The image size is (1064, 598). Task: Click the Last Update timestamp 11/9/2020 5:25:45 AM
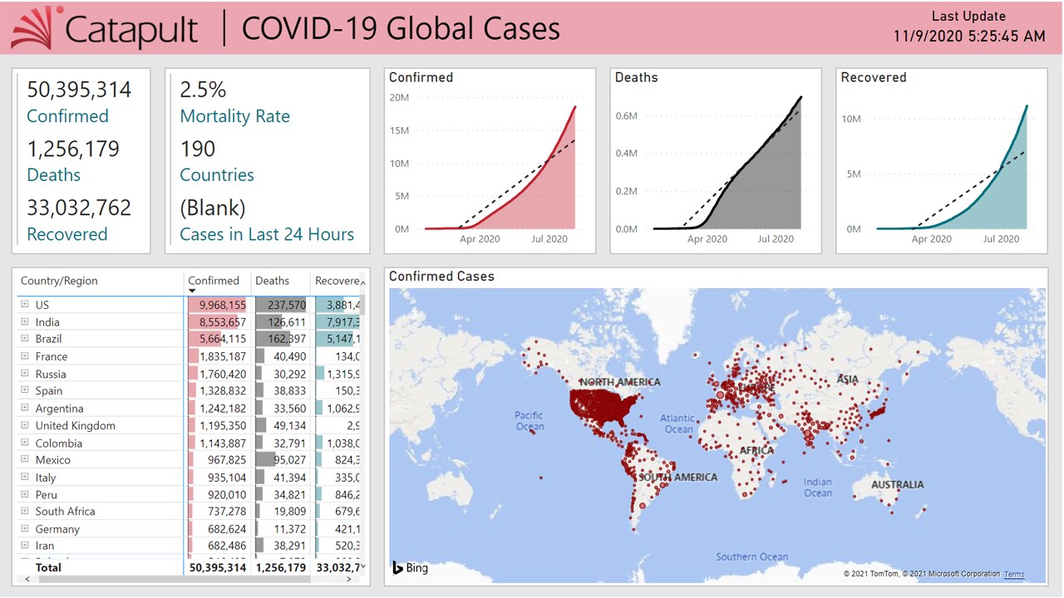tap(969, 37)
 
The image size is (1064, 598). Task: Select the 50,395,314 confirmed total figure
tap(79, 90)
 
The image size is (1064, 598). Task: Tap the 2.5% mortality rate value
tap(203, 90)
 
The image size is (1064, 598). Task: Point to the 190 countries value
tap(198, 149)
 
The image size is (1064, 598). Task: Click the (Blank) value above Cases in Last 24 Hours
tap(213, 208)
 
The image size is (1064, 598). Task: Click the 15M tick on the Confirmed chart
tap(399, 130)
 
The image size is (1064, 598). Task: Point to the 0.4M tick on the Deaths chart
tap(626, 153)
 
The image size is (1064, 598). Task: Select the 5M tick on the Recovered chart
tap(852, 174)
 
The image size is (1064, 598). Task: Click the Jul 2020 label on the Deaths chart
tap(776, 239)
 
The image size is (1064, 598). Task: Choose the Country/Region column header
tap(59, 281)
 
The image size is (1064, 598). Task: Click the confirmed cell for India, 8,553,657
tap(222, 322)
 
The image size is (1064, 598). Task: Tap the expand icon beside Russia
tap(25, 374)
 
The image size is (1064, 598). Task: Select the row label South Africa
tap(65, 512)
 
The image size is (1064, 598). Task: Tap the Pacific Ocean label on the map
tap(529, 421)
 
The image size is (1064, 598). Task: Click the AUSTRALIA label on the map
tap(897, 485)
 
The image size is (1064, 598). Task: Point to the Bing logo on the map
tap(411, 568)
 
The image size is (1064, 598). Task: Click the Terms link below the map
tap(1014, 575)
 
